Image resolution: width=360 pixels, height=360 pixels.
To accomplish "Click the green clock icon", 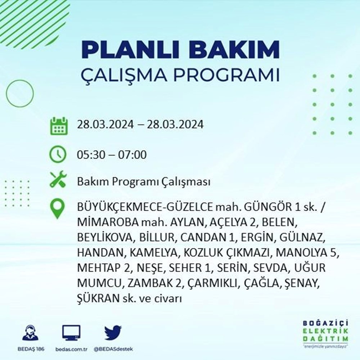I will pyautogui.click(x=58, y=155).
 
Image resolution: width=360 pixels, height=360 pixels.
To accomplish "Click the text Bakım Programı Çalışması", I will pyautogui.click(x=143, y=182).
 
